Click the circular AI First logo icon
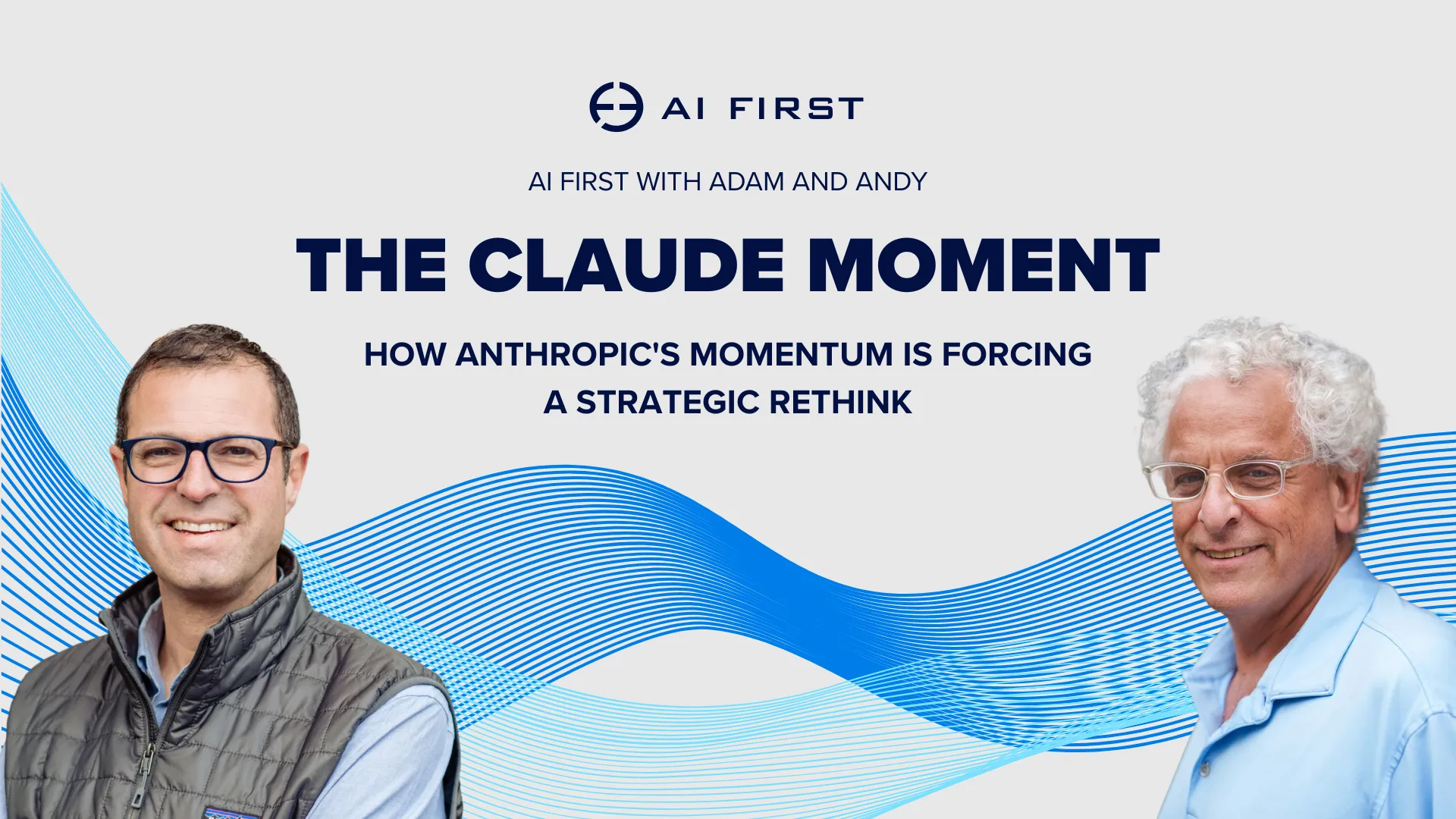(x=616, y=107)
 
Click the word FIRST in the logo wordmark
(x=795, y=108)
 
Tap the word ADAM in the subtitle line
(x=746, y=182)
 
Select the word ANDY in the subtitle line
(x=890, y=182)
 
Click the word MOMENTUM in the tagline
(x=791, y=354)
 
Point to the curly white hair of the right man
(x=1274, y=364)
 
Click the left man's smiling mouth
(x=200, y=526)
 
